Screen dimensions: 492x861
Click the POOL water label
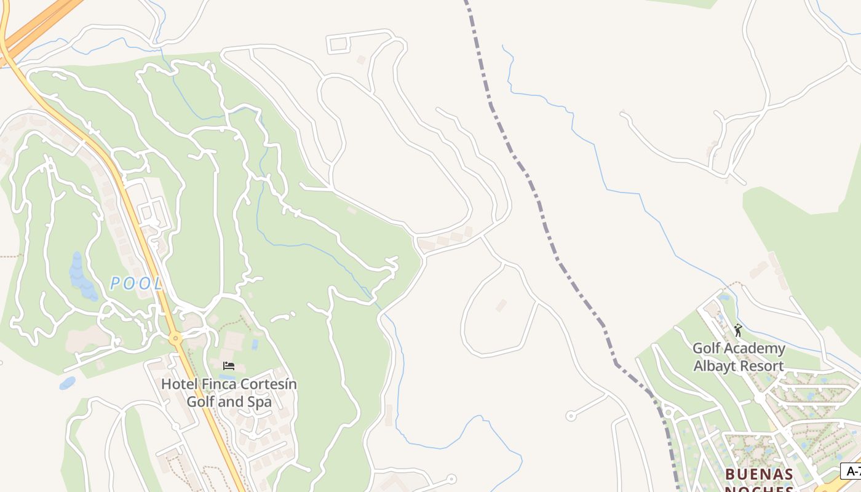click(x=137, y=284)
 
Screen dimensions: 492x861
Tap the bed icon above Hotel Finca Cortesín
click(x=229, y=366)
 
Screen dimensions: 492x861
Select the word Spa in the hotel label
click(x=258, y=402)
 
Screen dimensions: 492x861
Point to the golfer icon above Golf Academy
click(x=738, y=331)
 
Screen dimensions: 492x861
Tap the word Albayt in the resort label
click(x=714, y=366)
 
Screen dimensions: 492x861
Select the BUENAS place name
click(x=759, y=475)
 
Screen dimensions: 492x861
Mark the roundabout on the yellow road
click(x=176, y=338)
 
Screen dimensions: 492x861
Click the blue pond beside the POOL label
click(x=79, y=277)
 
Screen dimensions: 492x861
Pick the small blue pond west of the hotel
click(x=68, y=383)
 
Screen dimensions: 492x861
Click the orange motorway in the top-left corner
click(x=37, y=28)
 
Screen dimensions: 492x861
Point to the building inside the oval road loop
click(x=501, y=305)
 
